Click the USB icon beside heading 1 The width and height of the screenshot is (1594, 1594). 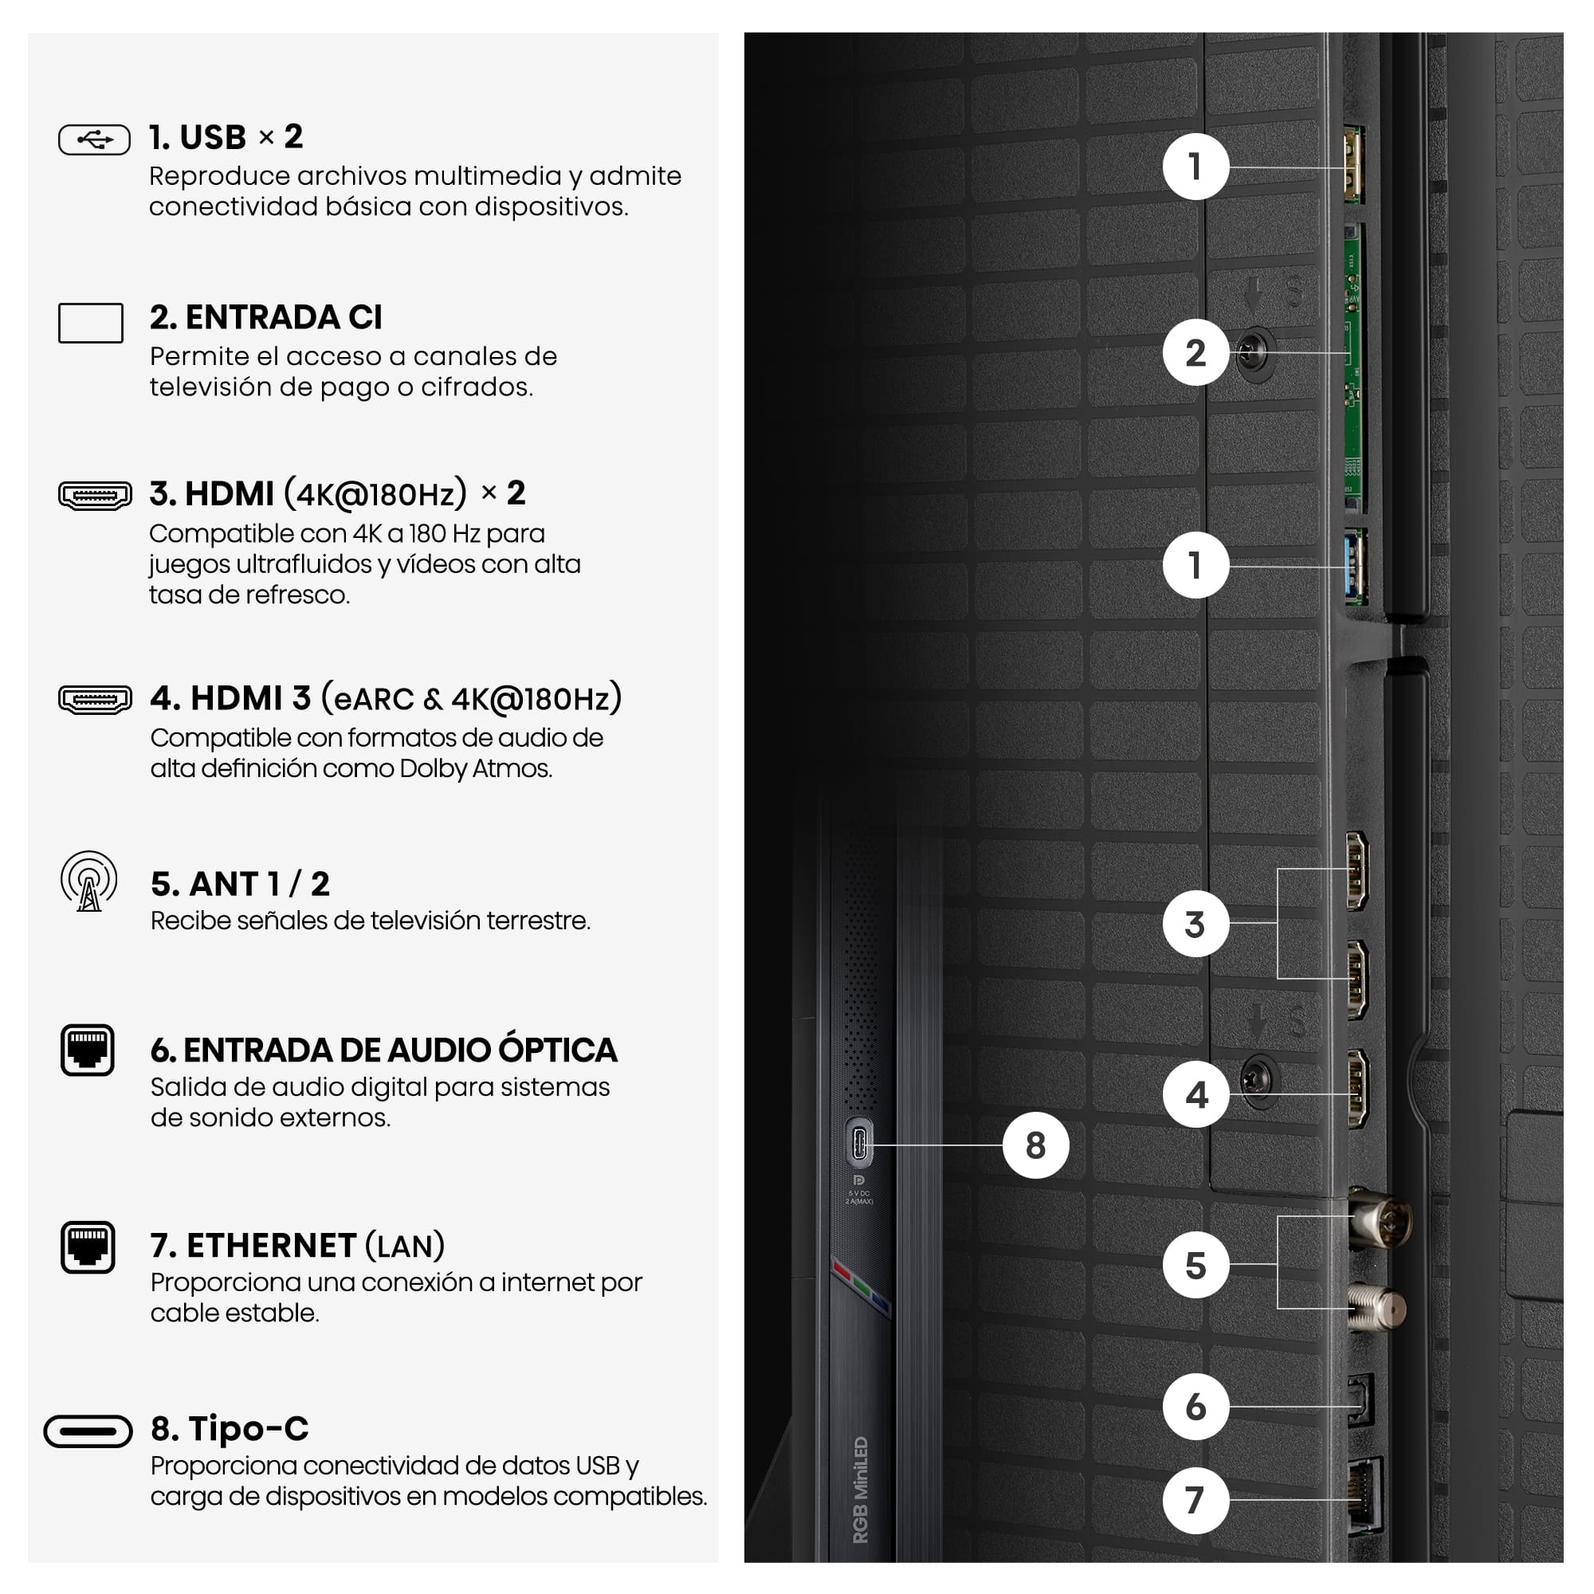[94, 139]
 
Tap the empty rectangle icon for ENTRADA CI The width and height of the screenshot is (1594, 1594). [91, 323]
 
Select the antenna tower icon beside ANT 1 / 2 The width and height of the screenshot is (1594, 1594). [89, 882]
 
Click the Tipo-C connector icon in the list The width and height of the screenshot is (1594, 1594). [88, 1431]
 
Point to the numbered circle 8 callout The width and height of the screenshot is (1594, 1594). [1035, 1145]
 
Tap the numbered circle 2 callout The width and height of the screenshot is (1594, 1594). [1195, 353]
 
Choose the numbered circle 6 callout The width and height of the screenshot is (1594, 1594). [1195, 1407]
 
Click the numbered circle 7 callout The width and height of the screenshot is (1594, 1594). [1195, 1500]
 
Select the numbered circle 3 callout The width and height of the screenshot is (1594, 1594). [1195, 924]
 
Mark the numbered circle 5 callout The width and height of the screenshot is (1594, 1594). [1195, 1266]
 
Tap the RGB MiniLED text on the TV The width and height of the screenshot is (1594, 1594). [860, 1490]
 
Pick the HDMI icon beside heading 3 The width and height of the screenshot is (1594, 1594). [95, 496]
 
